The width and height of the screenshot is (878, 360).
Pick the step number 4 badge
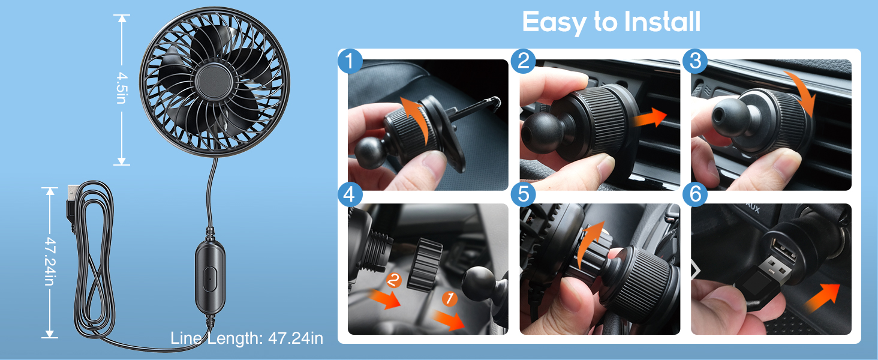(x=350, y=194)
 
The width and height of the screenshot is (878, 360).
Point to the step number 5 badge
(x=523, y=194)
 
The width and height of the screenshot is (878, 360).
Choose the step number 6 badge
(x=695, y=194)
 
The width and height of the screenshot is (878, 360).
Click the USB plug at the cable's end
(x=71, y=194)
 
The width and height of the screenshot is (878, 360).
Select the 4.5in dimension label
(x=122, y=88)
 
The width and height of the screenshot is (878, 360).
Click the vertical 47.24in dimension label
(x=50, y=261)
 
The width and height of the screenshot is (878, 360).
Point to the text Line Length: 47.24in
(x=246, y=338)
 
